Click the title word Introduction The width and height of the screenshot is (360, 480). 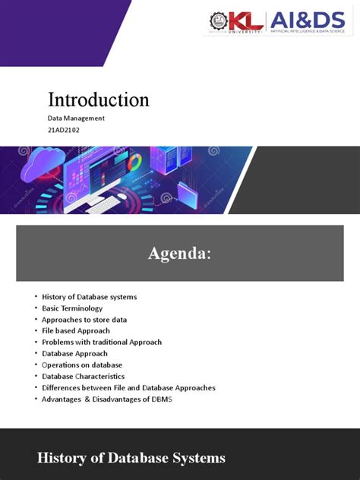pos(99,99)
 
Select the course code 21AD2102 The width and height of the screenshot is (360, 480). pos(64,130)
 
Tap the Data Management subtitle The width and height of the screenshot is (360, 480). pos(76,118)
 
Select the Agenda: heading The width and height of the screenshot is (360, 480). pos(179,254)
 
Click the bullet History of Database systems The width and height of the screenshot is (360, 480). pos(90,297)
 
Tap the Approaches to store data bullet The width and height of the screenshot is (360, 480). pos(84,320)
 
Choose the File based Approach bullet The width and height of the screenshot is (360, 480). pos(76,331)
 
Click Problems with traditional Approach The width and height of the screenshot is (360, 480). pos(102,343)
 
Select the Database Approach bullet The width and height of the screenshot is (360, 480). pos(74,354)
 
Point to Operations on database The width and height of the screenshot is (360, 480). pos(82,365)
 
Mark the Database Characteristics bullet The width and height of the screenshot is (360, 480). pos(84,377)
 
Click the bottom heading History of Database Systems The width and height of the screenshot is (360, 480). pos(131,458)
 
